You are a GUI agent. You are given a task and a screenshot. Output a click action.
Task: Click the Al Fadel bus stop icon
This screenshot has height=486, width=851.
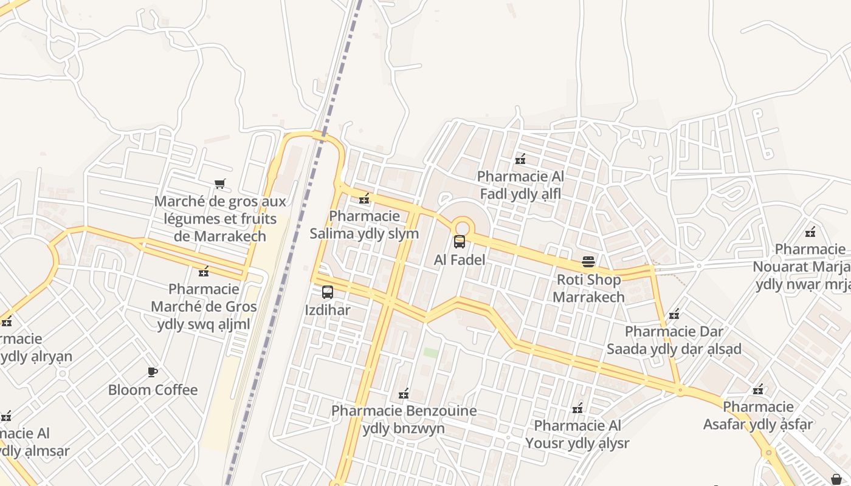pyautogui.click(x=460, y=242)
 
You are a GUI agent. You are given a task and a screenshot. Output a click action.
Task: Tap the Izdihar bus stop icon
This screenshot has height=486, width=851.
pyautogui.click(x=328, y=292)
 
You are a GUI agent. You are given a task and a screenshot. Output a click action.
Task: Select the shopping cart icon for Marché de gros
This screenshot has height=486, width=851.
pyautogui.click(x=220, y=183)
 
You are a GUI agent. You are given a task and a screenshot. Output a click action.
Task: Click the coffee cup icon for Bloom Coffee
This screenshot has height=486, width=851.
pyautogui.click(x=153, y=372)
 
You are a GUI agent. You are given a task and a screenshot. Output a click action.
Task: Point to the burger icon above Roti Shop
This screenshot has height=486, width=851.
pyautogui.click(x=588, y=261)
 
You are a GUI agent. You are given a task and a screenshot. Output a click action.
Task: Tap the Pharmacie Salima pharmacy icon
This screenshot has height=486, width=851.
pyautogui.click(x=364, y=198)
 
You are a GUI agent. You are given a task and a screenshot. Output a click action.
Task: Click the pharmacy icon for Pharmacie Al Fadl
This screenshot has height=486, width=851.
pyautogui.click(x=520, y=159)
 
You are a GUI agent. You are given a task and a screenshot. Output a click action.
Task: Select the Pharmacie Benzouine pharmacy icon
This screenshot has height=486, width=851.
pyautogui.click(x=402, y=394)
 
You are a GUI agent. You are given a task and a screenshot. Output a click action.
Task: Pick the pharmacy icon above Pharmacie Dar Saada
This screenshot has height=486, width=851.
pyautogui.click(x=674, y=314)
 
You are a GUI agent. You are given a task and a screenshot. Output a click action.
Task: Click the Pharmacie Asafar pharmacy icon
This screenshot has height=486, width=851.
pyautogui.click(x=758, y=389)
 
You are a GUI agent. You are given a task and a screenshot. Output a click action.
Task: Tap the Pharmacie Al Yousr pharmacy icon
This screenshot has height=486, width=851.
pyautogui.click(x=577, y=408)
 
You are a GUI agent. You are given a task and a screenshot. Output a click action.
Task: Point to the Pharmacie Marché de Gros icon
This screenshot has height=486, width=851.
pyautogui.click(x=204, y=271)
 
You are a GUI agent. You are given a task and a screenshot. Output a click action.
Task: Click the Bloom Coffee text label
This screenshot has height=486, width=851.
pyautogui.click(x=153, y=390)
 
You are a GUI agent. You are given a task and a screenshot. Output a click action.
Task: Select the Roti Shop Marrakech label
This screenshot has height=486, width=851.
pyautogui.click(x=588, y=289)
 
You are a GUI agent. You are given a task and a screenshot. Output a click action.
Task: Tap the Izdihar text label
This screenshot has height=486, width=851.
pyautogui.click(x=328, y=310)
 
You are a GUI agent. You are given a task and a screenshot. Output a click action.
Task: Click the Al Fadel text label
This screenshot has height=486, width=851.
pyautogui.click(x=460, y=259)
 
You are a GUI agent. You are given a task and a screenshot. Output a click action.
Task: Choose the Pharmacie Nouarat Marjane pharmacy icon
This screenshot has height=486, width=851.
pyautogui.click(x=810, y=231)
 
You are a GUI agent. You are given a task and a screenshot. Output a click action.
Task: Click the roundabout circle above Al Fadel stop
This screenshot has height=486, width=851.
pyautogui.click(x=463, y=226)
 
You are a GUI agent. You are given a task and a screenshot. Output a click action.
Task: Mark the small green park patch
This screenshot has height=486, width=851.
pyautogui.click(x=431, y=352)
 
